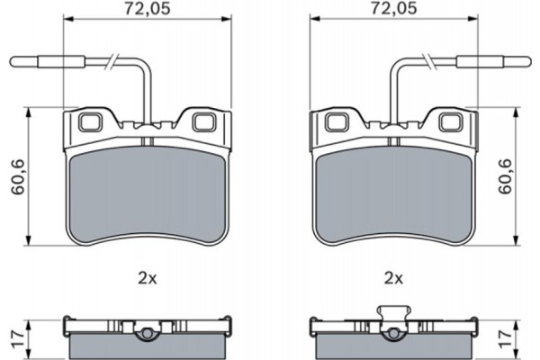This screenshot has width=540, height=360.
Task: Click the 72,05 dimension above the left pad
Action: [148, 10]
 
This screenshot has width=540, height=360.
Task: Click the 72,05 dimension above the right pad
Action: [392, 10]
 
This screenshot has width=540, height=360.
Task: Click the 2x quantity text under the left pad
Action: [148, 278]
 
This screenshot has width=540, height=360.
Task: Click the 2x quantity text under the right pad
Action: [392, 278]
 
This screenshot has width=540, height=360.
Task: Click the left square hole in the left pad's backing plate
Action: [91, 121]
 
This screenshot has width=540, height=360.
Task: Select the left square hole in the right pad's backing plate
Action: [336, 121]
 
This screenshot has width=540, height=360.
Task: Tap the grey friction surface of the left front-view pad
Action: [148, 193]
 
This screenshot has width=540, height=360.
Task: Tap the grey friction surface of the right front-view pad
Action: [392, 193]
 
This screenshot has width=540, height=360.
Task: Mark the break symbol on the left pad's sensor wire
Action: [109, 62]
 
